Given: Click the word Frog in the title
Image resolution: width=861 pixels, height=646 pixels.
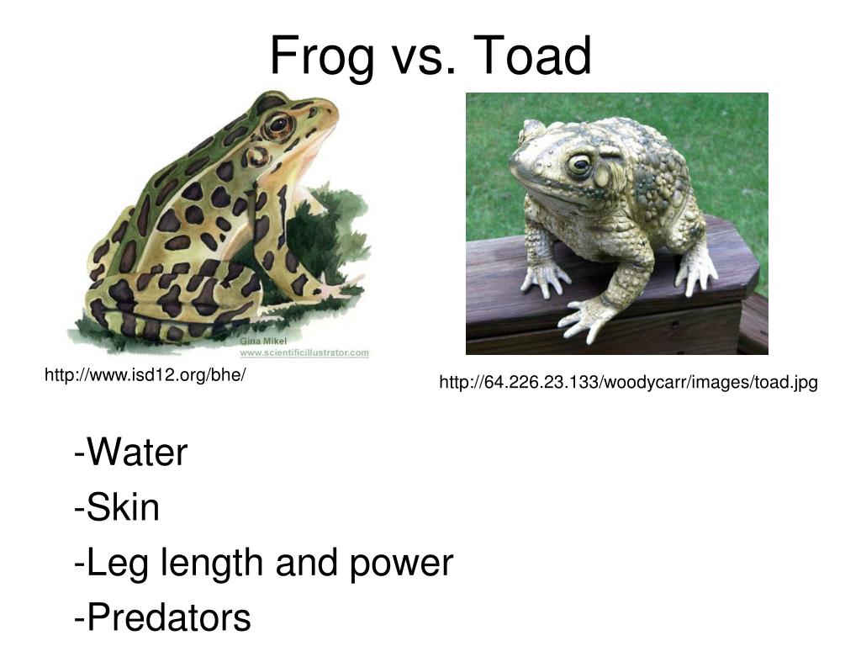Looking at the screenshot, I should click(322, 57).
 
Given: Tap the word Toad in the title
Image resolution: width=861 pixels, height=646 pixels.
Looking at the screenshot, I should click(533, 56).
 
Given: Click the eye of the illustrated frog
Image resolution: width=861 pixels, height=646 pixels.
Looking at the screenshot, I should click(277, 125).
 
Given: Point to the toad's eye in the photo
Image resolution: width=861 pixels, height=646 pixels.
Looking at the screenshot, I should click(579, 164).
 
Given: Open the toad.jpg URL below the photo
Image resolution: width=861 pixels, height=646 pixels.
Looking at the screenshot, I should click(628, 383).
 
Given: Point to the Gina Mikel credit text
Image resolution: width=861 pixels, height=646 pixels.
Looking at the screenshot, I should click(263, 341).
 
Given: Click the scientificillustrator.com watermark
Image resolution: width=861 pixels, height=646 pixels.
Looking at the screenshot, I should click(304, 352).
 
